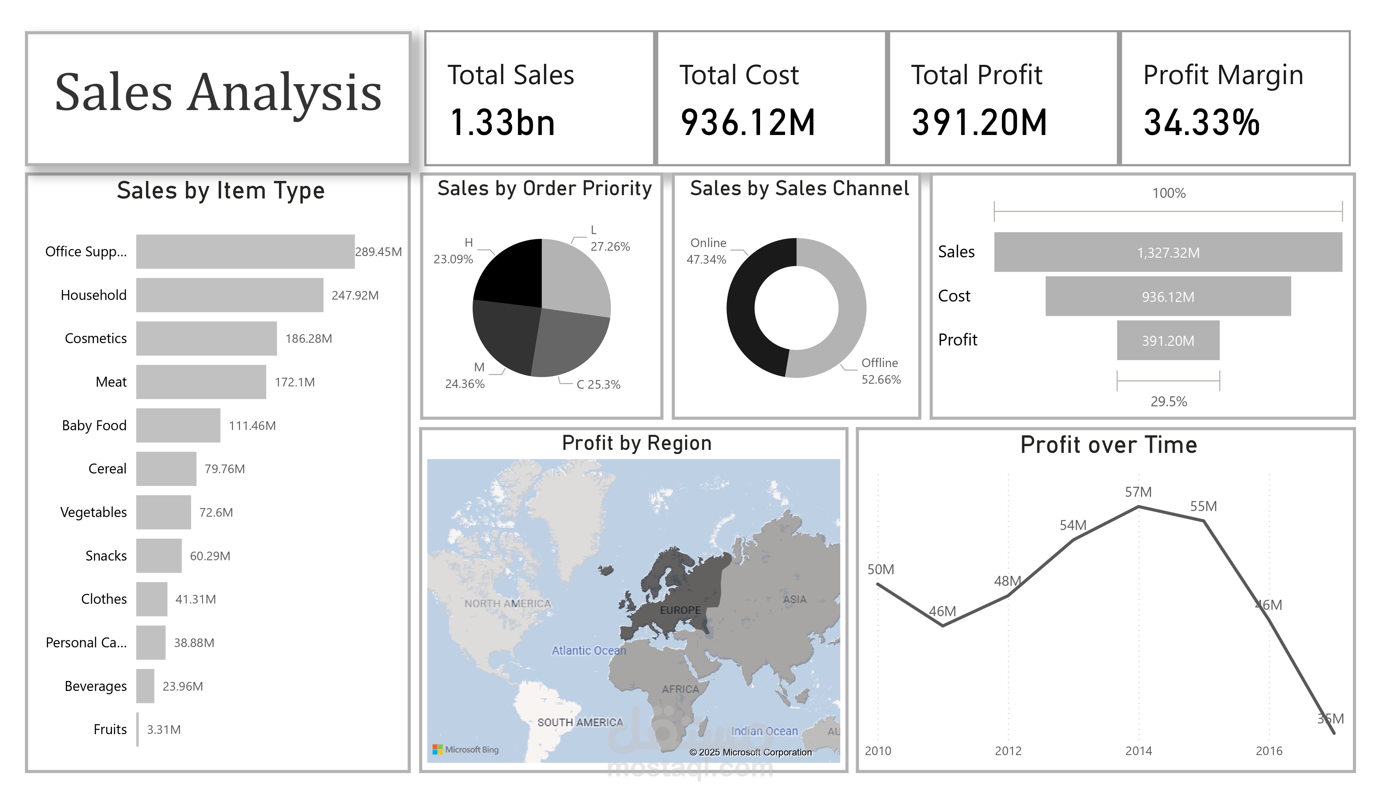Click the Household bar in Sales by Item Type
(230, 295)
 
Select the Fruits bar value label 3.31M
(164, 730)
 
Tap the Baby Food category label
(94, 426)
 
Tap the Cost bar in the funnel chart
(1168, 296)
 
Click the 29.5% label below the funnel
(1168, 401)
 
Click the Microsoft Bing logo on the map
(466, 749)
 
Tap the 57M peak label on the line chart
(1138, 492)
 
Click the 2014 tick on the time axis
(1138, 751)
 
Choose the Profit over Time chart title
(1108, 445)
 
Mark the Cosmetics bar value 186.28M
(308, 338)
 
